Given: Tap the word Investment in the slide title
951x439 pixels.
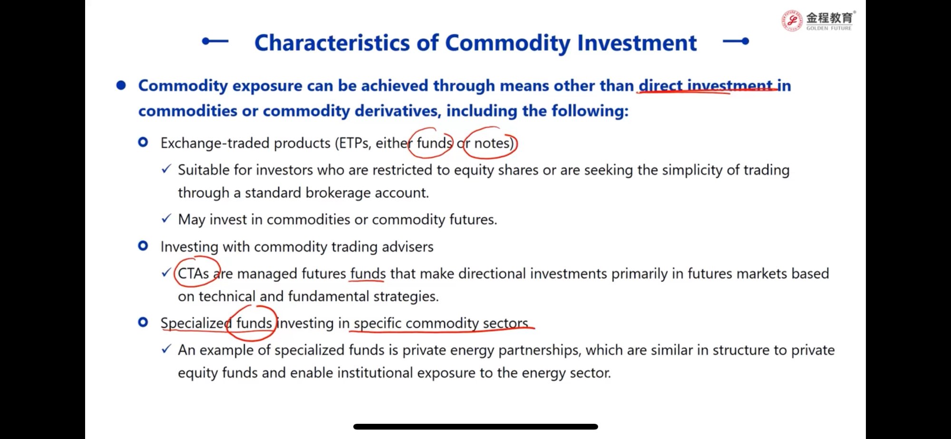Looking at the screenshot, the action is click(637, 43).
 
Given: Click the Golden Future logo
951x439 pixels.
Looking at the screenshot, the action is click(818, 20).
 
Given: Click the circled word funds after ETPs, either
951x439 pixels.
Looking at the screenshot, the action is click(434, 143).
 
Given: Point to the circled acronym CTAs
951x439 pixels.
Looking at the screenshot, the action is click(193, 274).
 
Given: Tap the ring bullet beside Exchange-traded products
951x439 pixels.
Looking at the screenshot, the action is click(143, 142).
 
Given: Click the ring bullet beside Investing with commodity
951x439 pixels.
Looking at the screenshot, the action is click(143, 246).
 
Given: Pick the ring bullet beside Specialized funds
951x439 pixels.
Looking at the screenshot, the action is click(143, 322).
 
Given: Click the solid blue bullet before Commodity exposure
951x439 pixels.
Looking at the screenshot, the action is click(121, 85).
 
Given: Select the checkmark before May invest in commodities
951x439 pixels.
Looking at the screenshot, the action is click(166, 219).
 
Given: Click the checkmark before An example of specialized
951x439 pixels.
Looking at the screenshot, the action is click(166, 349).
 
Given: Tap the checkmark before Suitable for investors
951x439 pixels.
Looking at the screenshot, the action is click(166, 169).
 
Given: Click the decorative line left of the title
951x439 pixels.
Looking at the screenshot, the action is click(215, 41).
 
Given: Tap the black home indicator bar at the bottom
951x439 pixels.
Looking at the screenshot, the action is click(475, 427).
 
